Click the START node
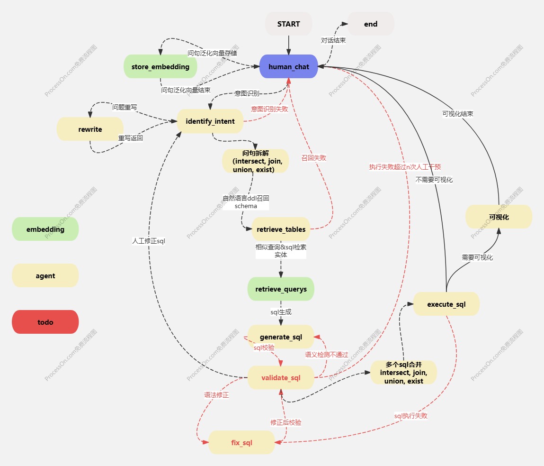(288, 24)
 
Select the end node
(371, 24)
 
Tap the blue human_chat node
(288, 67)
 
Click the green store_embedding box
(161, 67)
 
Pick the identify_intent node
(210, 121)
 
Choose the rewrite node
(90, 129)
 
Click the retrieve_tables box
(281, 229)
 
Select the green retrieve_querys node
(281, 289)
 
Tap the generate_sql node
(281, 337)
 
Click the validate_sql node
(281, 378)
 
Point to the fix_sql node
(241, 443)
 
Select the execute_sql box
(446, 304)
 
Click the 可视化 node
(499, 217)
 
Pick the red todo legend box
(45, 322)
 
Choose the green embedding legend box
(45, 229)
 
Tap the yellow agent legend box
(45, 276)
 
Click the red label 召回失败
(313, 158)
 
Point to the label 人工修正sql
(148, 241)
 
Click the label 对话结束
(333, 40)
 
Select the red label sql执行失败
(410, 416)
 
